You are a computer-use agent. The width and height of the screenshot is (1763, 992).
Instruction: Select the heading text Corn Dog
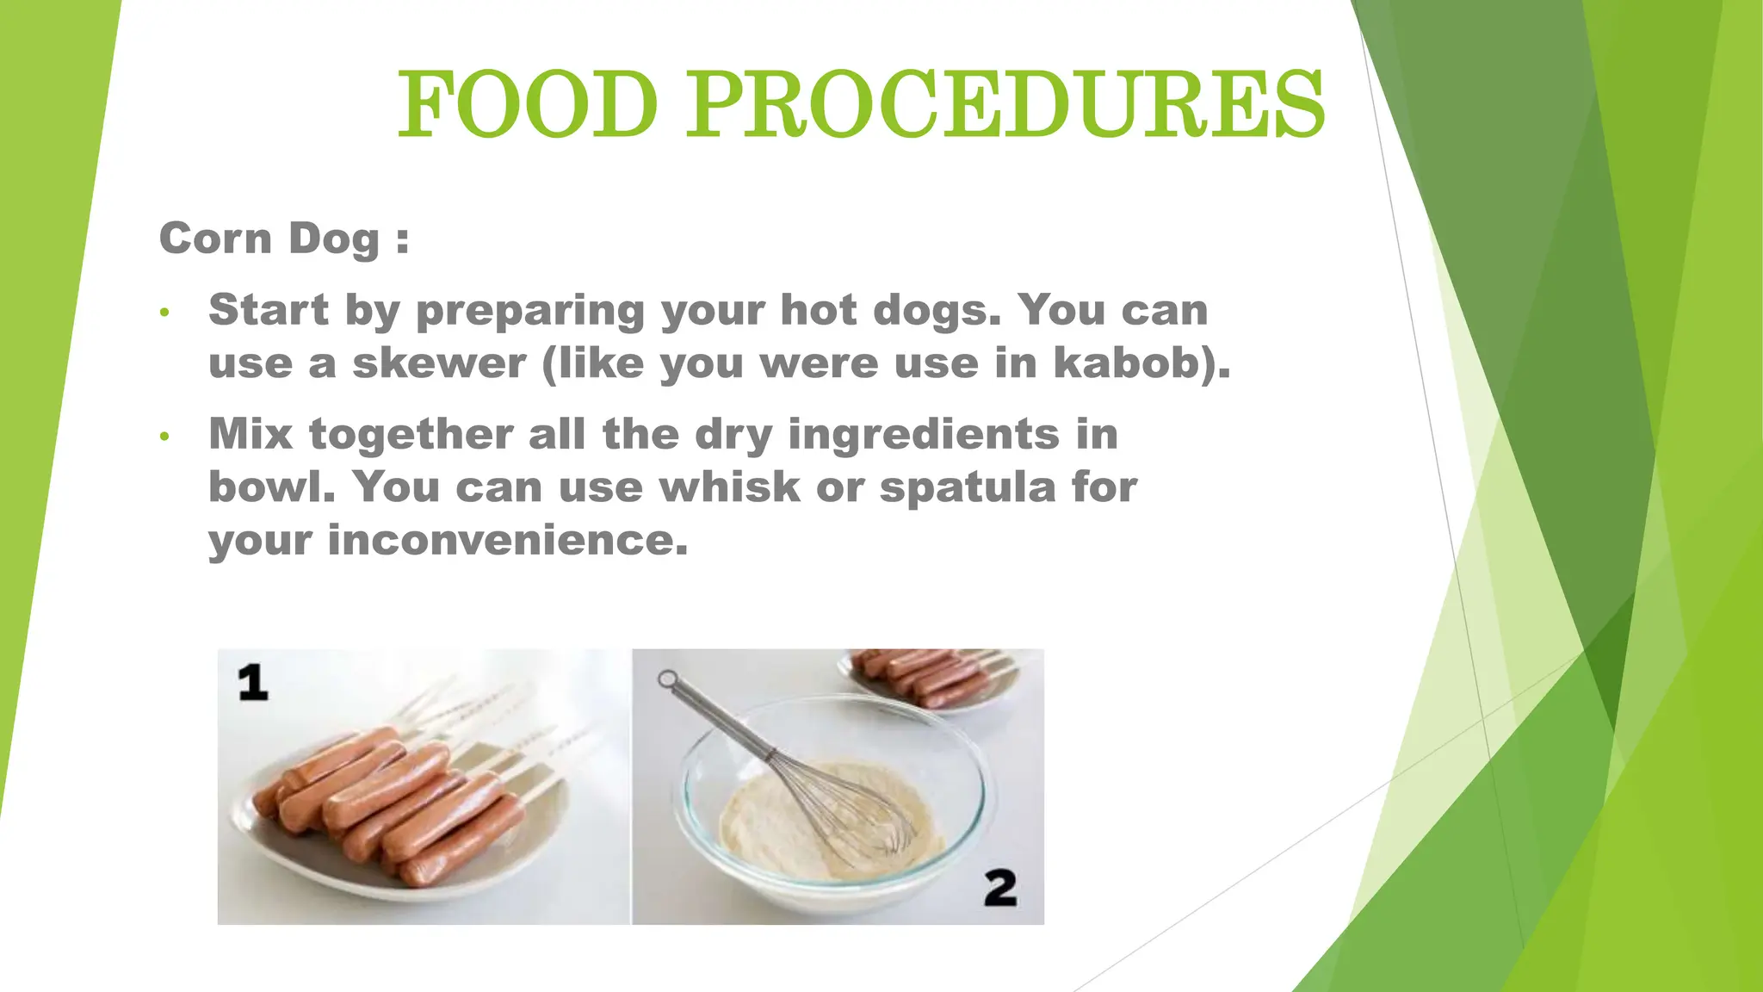(269, 239)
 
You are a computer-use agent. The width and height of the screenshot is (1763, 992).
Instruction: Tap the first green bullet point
(165, 313)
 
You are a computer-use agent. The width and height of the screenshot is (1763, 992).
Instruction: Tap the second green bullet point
(165, 437)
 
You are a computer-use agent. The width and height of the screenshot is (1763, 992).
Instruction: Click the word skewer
(439, 363)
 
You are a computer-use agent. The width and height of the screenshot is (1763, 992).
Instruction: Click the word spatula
(968, 488)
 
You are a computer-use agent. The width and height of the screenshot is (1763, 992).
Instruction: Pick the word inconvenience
(507, 541)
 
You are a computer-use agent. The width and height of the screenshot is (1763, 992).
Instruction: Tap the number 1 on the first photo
(253, 682)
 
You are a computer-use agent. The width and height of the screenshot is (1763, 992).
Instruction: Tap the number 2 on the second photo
(1000, 888)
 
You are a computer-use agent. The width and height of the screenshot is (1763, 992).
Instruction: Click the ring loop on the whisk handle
(667, 679)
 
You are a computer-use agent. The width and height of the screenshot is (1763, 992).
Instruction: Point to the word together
(411, 434)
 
